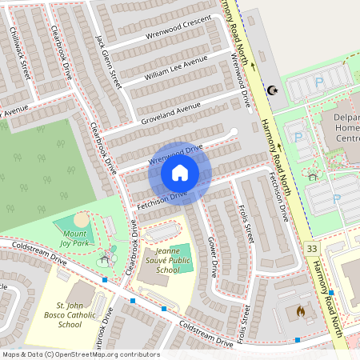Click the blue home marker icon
[180, 173]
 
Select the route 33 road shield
[311, 250]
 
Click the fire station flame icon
[300, 310]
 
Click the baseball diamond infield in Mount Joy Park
[82, 218]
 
